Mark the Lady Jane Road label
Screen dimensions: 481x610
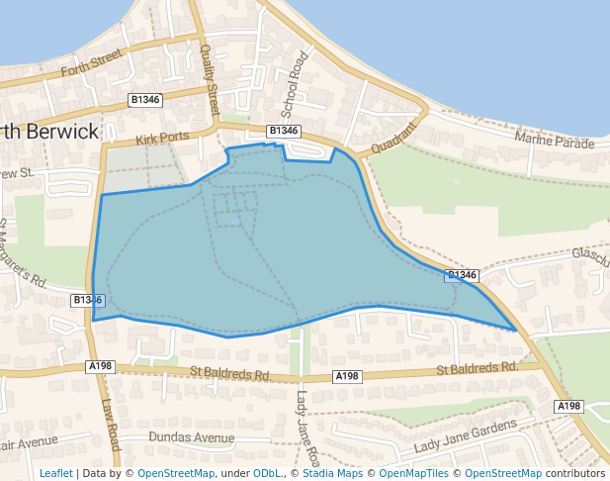pos(306,428)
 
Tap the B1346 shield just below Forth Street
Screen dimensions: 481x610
pos(145,100)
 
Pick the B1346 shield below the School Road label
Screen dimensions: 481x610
pos(284,131)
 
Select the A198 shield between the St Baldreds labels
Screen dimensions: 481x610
pos(347,376)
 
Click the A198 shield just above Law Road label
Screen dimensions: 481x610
pos(101,366)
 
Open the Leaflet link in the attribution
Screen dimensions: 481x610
pos(56,473)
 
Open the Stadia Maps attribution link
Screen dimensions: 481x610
pos(332,473)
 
